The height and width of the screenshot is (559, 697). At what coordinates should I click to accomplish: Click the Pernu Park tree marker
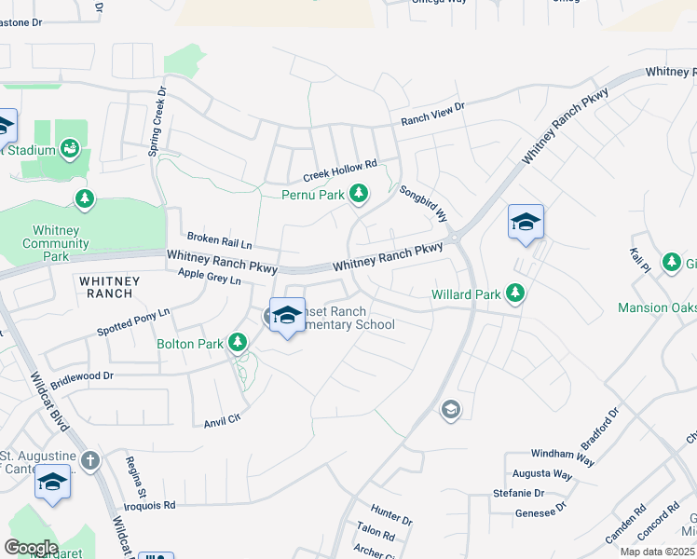point(359,195)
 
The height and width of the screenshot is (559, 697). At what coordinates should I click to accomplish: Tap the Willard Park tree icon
point(515,294)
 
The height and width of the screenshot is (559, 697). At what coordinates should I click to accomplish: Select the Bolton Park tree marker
point(239,344)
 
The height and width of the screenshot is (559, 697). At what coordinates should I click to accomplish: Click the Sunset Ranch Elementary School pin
point(287,317)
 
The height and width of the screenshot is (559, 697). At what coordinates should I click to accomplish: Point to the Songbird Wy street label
point(424,202)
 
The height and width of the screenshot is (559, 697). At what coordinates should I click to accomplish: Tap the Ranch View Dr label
point(432,114)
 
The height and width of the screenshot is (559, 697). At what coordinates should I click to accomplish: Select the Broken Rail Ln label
point(219,240)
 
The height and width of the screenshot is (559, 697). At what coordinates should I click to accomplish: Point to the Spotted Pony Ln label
point(133,322)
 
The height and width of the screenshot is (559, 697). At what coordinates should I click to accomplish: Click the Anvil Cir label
point(223,421)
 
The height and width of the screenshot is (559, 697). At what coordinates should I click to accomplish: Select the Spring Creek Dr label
point(156,121)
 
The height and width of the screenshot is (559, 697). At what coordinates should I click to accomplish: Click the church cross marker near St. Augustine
point(89,459)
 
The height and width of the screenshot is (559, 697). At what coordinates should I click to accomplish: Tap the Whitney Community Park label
point(61,243)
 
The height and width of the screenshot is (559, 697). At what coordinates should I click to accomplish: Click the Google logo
point(30,548)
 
